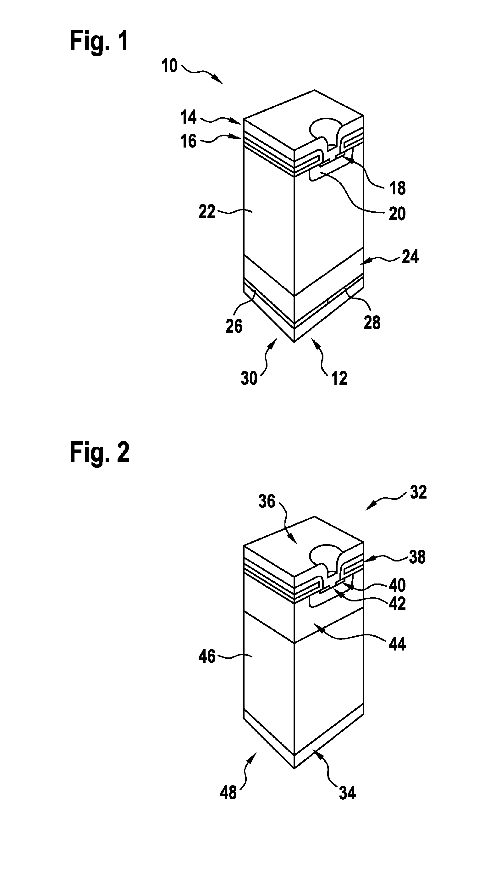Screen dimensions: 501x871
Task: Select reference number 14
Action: point(188,117)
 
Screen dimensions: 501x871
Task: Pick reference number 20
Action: point(397,214)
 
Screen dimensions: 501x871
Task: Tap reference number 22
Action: point(206,212)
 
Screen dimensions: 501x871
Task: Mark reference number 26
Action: point(234,326)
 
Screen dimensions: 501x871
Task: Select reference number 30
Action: point(249,378)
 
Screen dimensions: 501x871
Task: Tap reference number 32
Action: point(418,492)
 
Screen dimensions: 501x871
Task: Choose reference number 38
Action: point(417,557)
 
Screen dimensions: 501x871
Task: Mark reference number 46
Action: point(206,657)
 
